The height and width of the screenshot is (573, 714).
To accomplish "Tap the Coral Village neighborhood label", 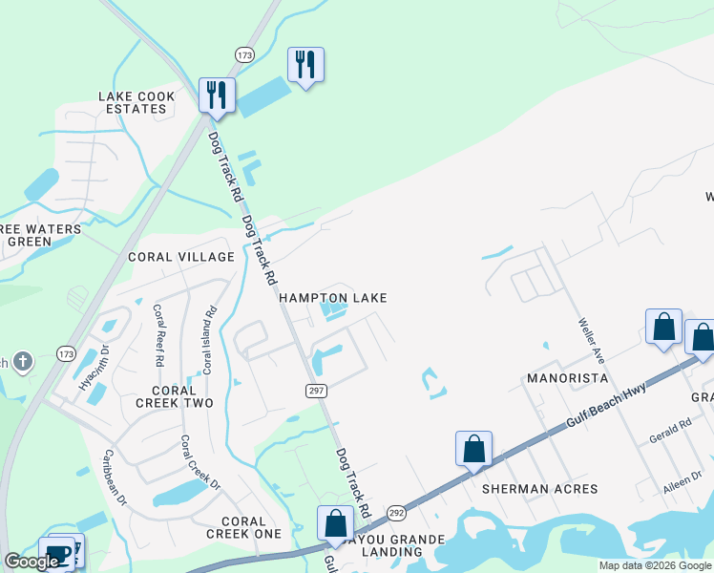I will click(x=181, y=257).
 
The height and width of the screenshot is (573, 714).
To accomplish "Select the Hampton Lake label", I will click(x=333, y=298).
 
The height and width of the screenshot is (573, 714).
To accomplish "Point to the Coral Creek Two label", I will click(x=174, y=397).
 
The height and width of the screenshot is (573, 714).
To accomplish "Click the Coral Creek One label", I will click(x=243, y=527).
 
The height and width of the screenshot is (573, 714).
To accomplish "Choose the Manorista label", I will click(x=567, y=378).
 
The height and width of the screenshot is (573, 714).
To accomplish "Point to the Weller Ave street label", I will click(x=589, y=340).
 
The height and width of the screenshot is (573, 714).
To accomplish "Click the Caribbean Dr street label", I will click(x=115, y=477).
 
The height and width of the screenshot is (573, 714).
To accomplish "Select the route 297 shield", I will click(x=317, y=392).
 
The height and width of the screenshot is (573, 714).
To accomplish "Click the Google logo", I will click(x=31, y=562).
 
